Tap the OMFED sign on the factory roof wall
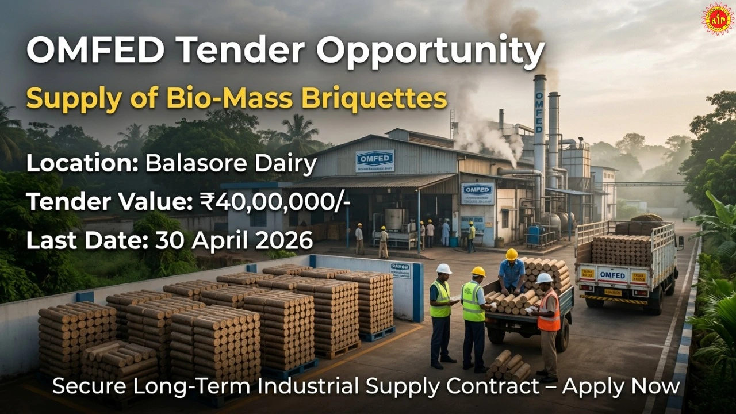tap(375, 160)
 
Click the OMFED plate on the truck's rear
tap(612, 275)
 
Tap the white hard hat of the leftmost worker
tap(443, 269)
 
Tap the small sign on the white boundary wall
tap(400, 270)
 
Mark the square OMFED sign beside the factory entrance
tap(477, 193)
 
